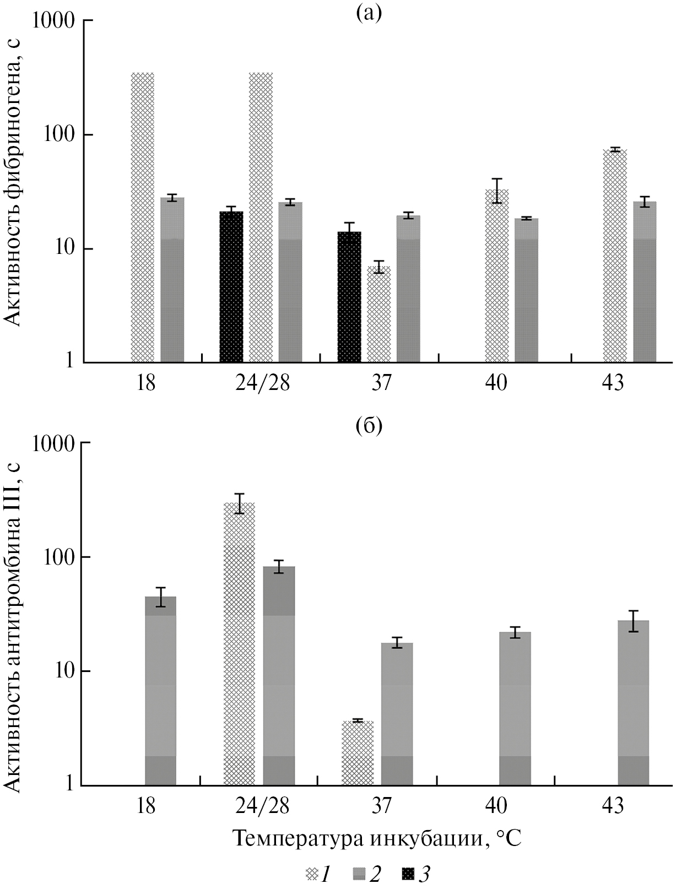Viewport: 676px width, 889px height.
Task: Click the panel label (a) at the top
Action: (x=369, y=12)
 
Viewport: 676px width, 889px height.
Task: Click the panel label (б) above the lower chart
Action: (x=369, y=426)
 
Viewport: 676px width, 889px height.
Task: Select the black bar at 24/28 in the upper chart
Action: (x=231, y=286)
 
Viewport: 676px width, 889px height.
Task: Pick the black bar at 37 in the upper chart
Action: (x=349, y=297)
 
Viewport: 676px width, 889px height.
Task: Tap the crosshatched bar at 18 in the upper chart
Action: (x=143, y=218)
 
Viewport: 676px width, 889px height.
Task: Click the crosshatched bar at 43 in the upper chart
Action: (x=615, y=256)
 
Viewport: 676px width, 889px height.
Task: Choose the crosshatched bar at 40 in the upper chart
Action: (x=497, y=275)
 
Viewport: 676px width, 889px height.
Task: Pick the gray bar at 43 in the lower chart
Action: (x=633, y=702)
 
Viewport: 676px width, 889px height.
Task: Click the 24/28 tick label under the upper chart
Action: (x=262, y=382)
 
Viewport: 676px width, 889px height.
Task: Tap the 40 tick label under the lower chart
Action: (x=497, y=805)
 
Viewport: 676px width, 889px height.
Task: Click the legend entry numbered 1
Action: (x=318, y=873)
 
